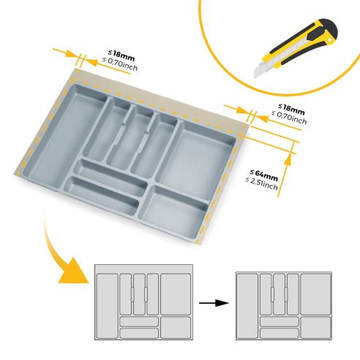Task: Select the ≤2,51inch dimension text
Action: click(x=263, y=184)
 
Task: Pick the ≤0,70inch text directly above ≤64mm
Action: click(x=289, y=117)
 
